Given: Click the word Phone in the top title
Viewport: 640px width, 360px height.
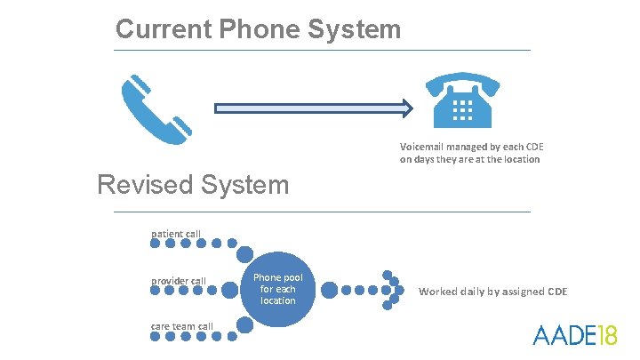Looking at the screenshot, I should point(245,29).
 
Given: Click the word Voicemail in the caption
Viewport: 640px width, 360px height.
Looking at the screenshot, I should point(424,146).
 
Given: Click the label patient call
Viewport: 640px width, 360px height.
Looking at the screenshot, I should point(175,234).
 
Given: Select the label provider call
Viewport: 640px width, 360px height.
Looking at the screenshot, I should point(178,282).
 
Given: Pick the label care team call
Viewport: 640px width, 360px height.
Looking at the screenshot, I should point(181,326).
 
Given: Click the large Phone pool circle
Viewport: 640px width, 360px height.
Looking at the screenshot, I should point(277,289).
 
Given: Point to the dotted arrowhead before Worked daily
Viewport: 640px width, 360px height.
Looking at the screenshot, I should point(391,290).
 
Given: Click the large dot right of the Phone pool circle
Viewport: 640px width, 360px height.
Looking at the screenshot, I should point(329,290).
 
